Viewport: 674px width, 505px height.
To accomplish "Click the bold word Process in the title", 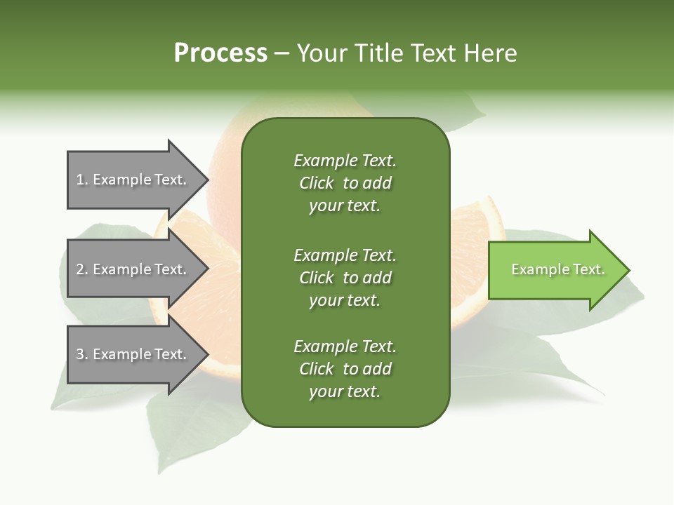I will click(220, 53).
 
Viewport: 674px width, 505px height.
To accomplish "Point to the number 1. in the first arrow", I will click(82, 180).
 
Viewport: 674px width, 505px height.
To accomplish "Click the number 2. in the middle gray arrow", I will click(82, 269).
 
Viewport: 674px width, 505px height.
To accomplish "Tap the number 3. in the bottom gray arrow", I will click(82, 355).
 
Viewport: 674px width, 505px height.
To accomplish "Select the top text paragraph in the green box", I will click(345, 183).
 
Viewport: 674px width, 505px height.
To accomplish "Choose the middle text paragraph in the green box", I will click(345, 278).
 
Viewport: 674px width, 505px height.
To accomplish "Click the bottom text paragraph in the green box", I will click(345, 369).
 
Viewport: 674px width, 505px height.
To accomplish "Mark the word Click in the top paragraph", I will click(316, 184).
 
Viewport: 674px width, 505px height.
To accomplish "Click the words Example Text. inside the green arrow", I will click(557, 270).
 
